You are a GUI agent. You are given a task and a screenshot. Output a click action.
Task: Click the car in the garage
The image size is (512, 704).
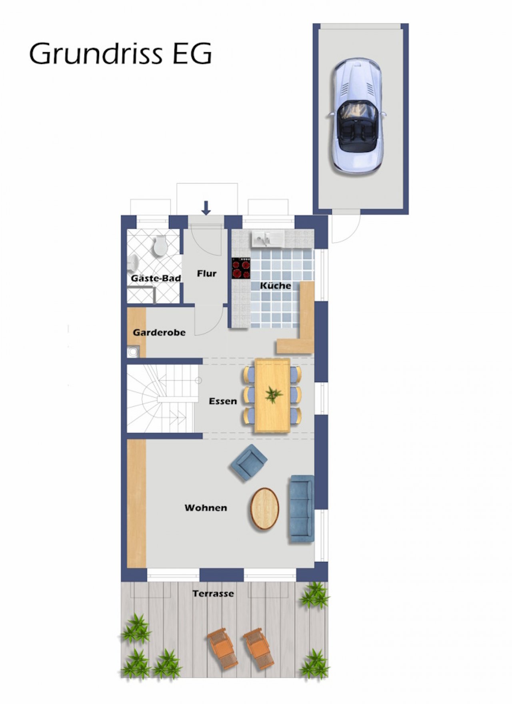click(357, 116)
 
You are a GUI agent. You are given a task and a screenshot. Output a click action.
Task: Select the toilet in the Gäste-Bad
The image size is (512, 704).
click(160, 245)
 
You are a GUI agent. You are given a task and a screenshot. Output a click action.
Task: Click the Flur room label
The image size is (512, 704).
click(206, 274)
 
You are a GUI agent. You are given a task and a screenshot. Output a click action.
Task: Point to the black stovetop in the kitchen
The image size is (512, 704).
click(241, 268)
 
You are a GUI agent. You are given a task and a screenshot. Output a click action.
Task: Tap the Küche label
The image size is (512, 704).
click(276, 285)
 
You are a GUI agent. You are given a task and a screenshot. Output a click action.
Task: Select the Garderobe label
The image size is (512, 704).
click(159, 332)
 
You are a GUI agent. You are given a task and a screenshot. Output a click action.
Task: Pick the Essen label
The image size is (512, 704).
click(223, 401)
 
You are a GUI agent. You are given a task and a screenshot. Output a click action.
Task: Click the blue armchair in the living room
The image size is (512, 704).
click(249, 462)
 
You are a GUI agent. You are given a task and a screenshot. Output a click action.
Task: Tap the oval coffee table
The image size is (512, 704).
click(265, 509)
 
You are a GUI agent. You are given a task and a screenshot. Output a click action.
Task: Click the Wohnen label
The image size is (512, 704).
click(206, 508)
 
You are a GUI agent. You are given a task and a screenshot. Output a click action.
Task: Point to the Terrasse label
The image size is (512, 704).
click(213, 594)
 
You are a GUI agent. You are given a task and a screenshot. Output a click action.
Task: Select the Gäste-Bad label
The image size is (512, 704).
click(156, 278)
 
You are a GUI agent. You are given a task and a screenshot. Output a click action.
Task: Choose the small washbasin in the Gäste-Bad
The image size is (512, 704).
click(133, 264)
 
